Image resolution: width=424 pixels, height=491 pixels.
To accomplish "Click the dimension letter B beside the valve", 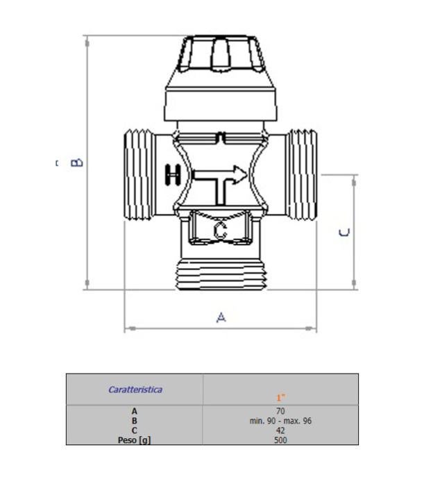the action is pyautogui.click(x=76, y=163).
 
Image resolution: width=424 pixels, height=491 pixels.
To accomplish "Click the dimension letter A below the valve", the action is pyautogui.click(x=221, y=317).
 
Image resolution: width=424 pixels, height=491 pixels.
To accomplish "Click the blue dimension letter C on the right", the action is pyautogui.click(x=344, y=233).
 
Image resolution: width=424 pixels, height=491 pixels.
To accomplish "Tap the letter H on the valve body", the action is pyautogui.click(x=173, y=175).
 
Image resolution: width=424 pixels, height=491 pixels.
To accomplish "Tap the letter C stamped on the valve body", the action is pyautogui.click(x=220, y=231).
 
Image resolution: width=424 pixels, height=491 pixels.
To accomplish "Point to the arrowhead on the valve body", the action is pyautogui.click(x=240, y=175).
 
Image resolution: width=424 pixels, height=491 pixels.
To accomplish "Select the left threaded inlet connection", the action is pyautogui.click(x=139, y=174).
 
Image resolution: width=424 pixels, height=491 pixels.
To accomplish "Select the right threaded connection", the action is pyautogui.click(x=303, y=174).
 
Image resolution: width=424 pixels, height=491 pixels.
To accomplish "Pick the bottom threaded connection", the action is pyautogui.click(x=221, y=274).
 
